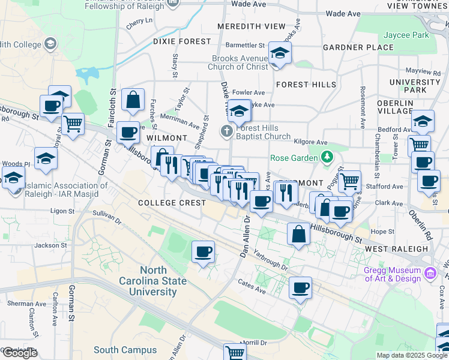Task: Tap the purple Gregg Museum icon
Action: tap(430, 274)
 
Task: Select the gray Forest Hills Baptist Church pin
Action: tap(227, 131)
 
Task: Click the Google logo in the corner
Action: tap(20, 353)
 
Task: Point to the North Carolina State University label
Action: tap(155, 281)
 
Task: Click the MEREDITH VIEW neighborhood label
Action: tap(251, 26)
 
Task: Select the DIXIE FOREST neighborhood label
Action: tap(182, 41)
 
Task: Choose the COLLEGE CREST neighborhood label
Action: tap(172, 203)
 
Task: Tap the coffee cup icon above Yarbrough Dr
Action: tap(203, 251)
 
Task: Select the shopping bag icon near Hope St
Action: tap(298, 233)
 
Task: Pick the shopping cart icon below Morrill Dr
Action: tap(235, 352)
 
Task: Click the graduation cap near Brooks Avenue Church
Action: tap(279, 53)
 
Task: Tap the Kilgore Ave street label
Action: tap(312, 142)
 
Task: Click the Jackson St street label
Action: tap(50, 245)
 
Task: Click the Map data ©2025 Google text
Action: tap(411, 355)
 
